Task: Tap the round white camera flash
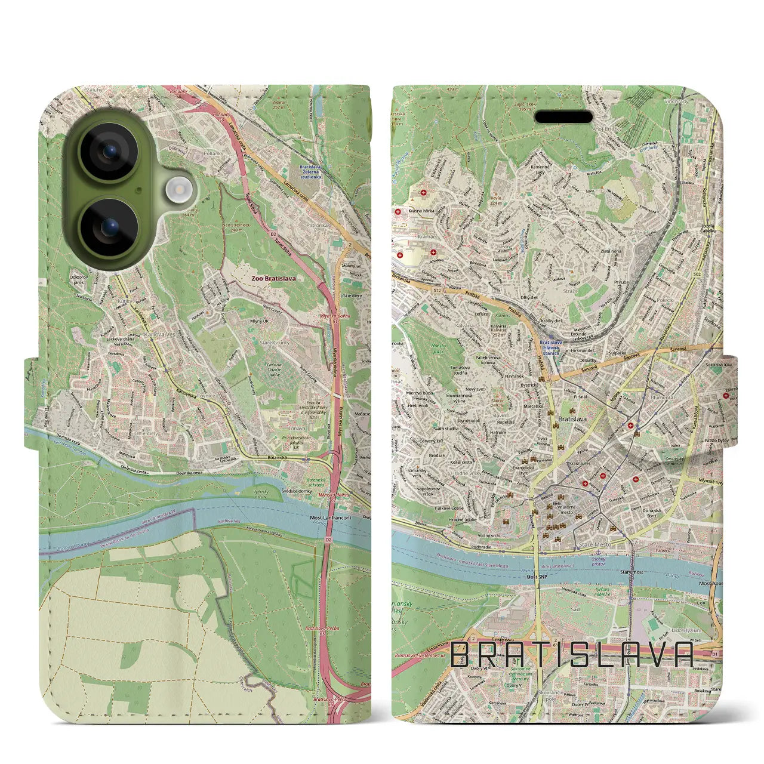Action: point(177,190)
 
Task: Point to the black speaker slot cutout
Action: point(562,117)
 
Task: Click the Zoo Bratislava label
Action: point(273,278)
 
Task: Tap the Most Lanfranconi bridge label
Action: point(330,517)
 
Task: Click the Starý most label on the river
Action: point(631,572)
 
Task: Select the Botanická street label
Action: point(278,457)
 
